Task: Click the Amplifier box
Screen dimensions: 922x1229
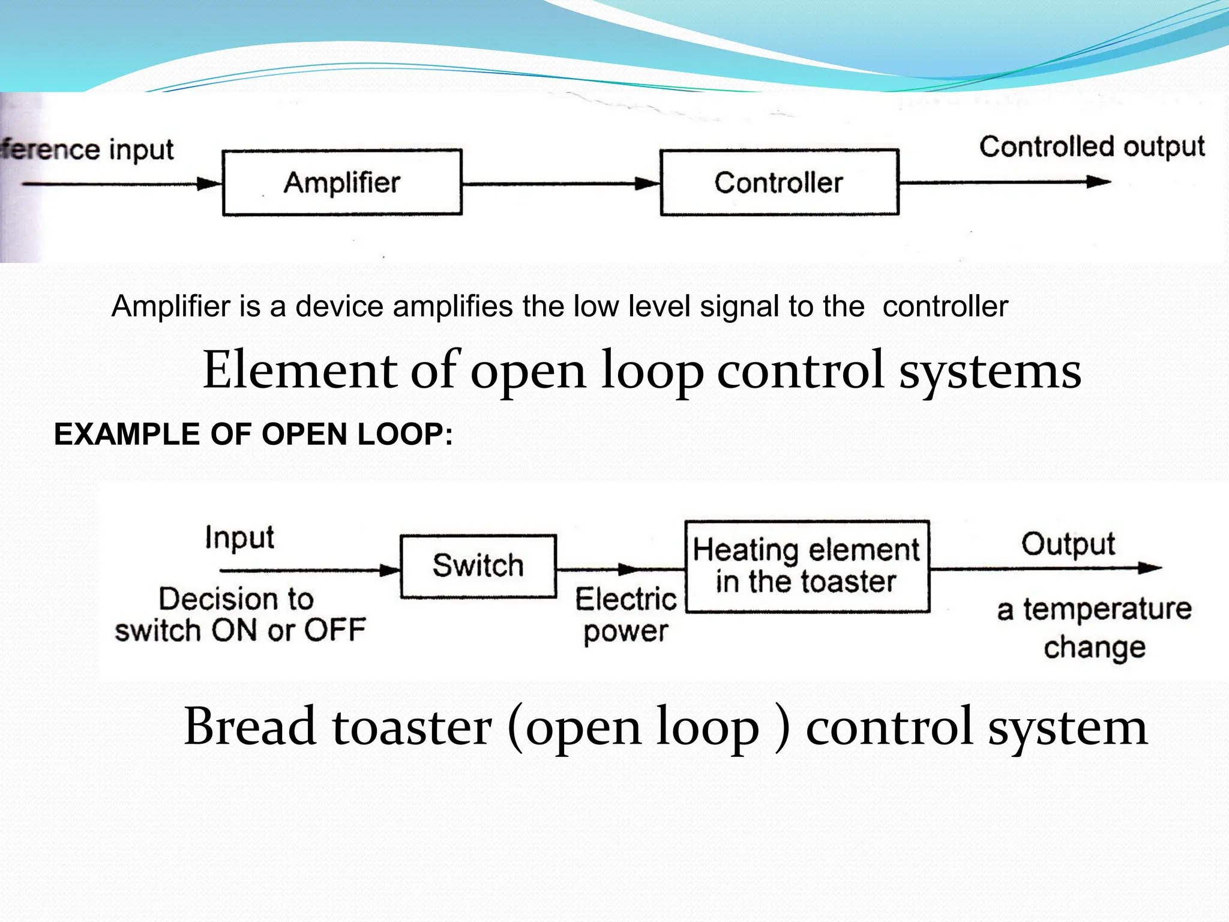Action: pos(342,182)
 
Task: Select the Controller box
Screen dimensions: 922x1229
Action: pos(779,182)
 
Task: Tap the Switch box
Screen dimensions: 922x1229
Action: pos(478,566)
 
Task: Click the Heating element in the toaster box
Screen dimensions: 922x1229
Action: pos(807,566)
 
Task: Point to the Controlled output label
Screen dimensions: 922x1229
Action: pos(1092,147)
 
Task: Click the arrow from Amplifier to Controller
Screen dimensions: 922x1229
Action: pos(561,184)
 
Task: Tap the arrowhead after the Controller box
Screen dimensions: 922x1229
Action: pos(1098,182)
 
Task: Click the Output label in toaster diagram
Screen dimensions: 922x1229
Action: pos(1068,544)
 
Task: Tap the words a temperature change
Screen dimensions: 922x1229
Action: pos(1094,627)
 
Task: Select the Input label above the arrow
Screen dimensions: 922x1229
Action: pos(239,537)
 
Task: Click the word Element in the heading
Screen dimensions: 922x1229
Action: pos(300,370)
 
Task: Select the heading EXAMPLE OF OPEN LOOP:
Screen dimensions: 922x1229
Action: pos(253,434)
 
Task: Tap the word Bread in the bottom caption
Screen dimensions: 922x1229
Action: pos(250,727)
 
